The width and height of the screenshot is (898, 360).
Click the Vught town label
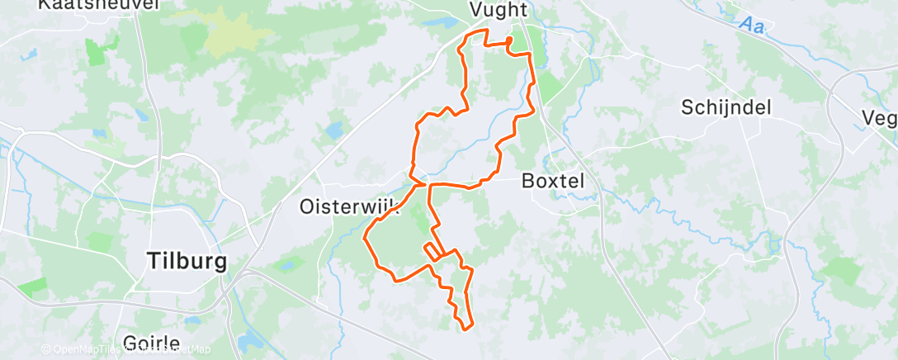point(498,9)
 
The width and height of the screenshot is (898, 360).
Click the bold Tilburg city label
point(186,261)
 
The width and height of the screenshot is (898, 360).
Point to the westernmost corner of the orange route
point(365,239)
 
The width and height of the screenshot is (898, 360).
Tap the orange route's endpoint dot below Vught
point(508,39)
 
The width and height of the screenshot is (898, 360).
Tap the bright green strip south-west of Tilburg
point(33,287)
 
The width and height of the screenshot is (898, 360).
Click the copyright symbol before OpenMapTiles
point(46,349)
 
